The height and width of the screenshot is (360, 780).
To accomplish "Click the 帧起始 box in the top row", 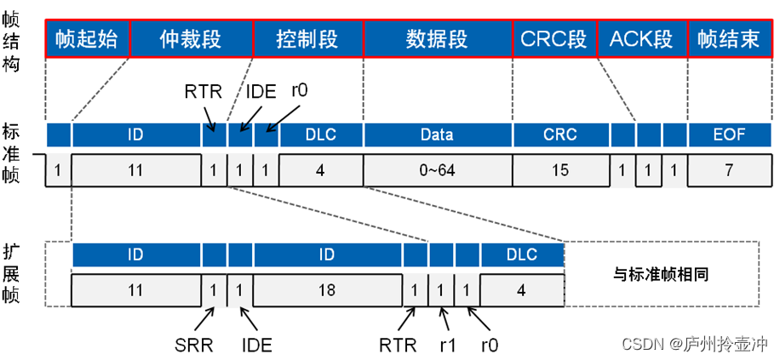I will (88, 39).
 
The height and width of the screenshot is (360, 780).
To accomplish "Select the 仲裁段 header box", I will (192, 39).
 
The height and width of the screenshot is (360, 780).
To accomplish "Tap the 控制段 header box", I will (308, 39).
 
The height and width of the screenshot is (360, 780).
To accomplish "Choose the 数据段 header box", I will (438, 39).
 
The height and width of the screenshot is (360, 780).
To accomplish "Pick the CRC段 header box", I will (554, 39).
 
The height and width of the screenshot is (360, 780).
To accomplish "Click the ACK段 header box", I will (641, 39).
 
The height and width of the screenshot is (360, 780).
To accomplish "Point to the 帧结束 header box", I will (728, 39).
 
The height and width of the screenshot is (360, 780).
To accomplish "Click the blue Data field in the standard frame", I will (437, 134).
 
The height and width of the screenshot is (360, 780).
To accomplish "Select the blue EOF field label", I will (729, 134).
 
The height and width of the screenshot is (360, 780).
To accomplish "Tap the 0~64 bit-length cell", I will (437, 170).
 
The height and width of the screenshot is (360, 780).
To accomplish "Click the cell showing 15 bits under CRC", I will (559, 170).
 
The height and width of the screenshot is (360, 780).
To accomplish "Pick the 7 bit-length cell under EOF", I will (729, 170).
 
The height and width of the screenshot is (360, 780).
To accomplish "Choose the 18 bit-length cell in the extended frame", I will (328, 290).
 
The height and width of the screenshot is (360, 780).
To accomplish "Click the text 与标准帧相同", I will (661, 275).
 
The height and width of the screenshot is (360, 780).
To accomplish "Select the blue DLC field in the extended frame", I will (522, 254).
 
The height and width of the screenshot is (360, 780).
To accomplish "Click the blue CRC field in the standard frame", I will (559, 134).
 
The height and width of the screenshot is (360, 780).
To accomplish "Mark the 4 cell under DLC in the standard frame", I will (320, 170).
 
